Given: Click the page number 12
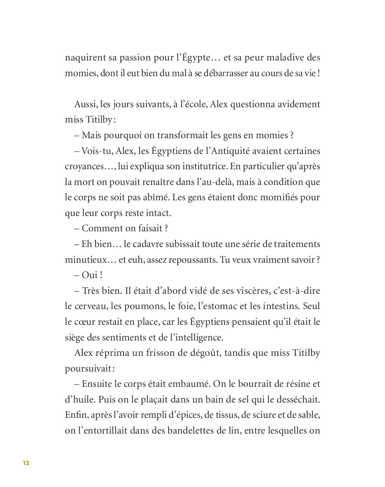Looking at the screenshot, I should pos(26,463).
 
